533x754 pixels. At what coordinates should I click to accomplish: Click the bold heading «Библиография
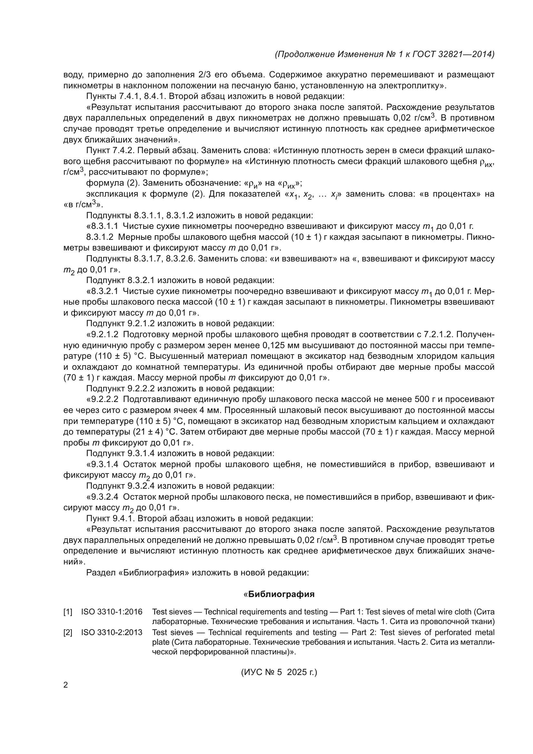(279, 594)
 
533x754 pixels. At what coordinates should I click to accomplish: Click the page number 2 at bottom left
(66, 685)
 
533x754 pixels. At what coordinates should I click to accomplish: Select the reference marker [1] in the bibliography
(68, 612)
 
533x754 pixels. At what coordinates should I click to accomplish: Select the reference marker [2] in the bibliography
(68, 632)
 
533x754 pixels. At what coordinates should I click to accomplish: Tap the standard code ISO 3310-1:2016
(111, 612)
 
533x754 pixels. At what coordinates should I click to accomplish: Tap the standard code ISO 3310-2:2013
(111, 632)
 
